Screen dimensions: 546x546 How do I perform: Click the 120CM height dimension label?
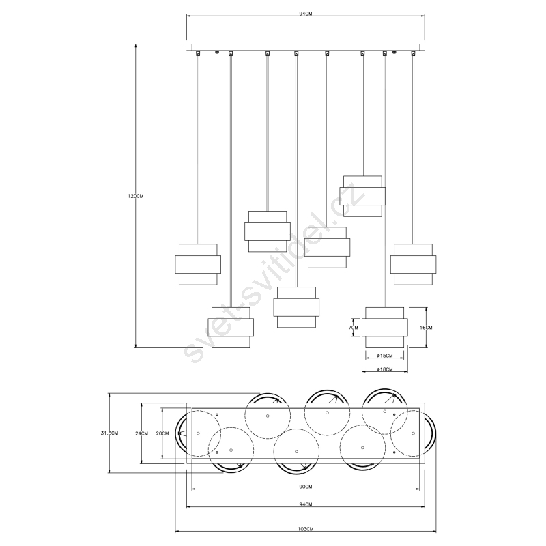click(x=135, y=196)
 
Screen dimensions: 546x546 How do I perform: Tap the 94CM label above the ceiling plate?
click(x=305, y=14)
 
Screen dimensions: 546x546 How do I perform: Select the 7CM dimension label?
click(x=353, y=328)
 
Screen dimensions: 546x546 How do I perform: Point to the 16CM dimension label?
click(x=426, y=328)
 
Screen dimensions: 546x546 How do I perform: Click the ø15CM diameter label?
click(x=384, y=356)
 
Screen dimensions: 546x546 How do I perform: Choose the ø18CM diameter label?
click(x=384, y=369)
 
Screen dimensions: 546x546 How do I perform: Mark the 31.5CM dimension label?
click(x=109, y=433)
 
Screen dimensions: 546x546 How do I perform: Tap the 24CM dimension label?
click(x=141, y=433)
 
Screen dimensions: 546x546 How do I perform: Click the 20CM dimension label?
click(x=162, y=433)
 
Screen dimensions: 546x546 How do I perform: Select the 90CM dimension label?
click(x=305, y=487)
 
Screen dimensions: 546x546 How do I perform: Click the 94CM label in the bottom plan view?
click(x=305, y=504)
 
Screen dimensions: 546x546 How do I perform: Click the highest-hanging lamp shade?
click(x=362, y=196)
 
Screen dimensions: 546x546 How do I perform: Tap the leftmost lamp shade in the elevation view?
click(x=198, y=264)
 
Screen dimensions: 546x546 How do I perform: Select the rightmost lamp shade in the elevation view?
click(x=413, y=264)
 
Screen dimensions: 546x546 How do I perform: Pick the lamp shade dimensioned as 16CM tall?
click(x=384, y=328)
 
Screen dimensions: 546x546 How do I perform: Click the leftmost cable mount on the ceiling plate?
click(x=198, y=53)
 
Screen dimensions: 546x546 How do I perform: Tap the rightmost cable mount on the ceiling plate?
click(x=414, y=53)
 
